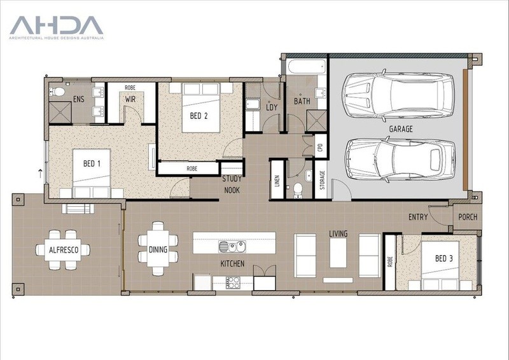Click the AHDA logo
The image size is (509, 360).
click(57, 27)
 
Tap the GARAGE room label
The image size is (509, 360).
click(401, 129)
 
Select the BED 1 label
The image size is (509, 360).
click(92, 163)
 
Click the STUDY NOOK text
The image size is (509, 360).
click(232, 184)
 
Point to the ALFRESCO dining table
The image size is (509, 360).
click(63, 249)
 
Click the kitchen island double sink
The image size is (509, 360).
click(232, 246)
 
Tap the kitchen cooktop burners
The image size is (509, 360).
click(233, 282)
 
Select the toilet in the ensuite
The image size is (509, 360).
click(57, 92)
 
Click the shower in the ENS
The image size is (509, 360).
click(60, 113)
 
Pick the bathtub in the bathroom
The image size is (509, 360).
click(307, 67)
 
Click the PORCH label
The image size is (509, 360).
click(468, 217)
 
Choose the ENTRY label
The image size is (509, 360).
click(418, 217)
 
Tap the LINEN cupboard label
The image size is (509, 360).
click(277, 181)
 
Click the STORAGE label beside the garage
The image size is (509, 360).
click(322, 180)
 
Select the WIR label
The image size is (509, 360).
click(130, 99)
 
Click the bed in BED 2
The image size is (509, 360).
click(201, 107)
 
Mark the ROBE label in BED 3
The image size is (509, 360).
click(390, 261)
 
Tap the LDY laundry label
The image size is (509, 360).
click(272, 107)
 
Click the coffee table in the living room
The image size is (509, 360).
click(338, 253)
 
